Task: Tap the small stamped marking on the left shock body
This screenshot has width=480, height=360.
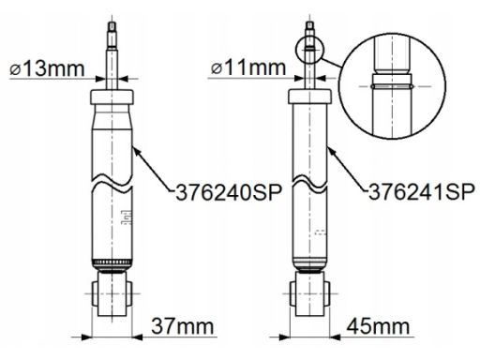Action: click(x=126, y=221)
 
